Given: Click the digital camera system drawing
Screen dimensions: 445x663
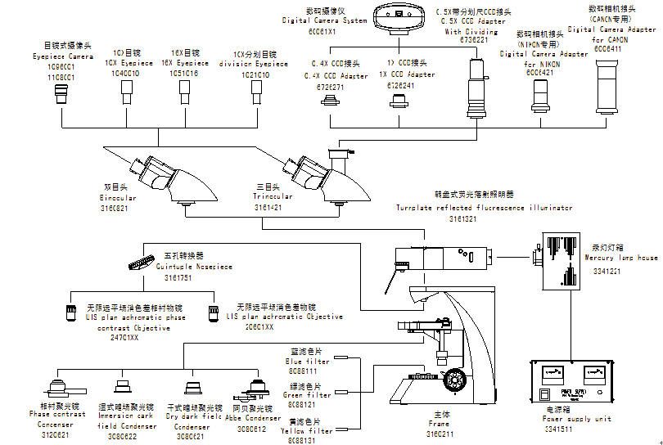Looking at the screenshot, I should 401,15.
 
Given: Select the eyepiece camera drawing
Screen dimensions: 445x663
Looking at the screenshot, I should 61,97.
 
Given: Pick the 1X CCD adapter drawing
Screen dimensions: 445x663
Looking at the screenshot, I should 399,100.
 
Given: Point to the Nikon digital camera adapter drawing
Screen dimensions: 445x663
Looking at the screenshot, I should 539,92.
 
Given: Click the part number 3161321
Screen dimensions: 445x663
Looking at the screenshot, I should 463,219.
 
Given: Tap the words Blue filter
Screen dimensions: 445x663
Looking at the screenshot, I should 307,361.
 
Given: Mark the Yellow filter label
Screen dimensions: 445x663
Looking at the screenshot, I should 307,430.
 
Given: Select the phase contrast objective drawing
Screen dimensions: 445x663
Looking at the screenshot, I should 71,312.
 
